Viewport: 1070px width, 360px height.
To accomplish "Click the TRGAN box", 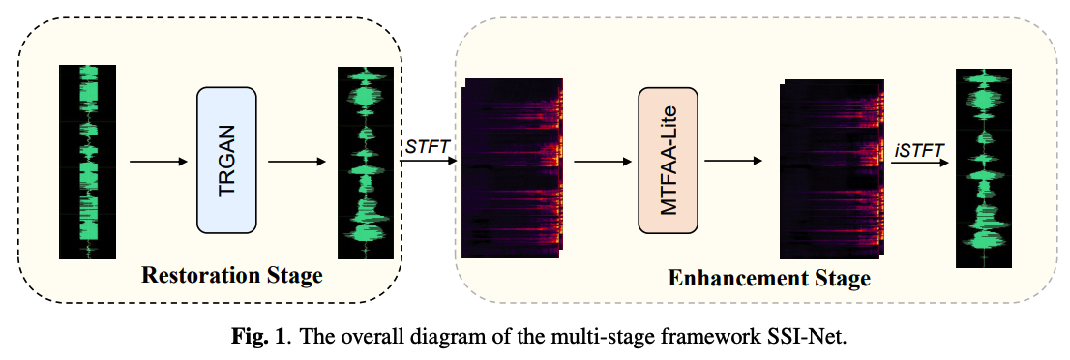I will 226,160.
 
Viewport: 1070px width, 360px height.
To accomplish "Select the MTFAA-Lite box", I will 668,160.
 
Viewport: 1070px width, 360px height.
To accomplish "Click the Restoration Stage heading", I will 232,276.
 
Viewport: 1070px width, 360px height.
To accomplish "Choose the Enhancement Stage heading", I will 769,280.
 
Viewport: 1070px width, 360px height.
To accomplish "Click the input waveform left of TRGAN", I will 87,161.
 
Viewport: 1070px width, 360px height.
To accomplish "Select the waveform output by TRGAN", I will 367,161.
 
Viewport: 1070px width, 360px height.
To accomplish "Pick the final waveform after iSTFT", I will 983,167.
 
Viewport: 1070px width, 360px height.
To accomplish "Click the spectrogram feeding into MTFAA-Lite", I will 512,167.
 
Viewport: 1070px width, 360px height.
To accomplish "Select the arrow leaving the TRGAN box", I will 296,161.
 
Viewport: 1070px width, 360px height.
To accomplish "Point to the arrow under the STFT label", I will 427,161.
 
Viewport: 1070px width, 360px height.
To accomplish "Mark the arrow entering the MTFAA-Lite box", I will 600,161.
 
